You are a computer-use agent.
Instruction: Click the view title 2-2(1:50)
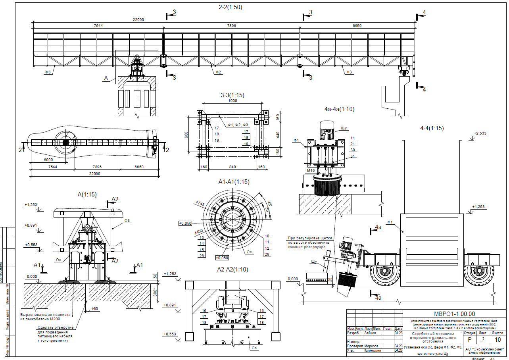(x=230, y=7)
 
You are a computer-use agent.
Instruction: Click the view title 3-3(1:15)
(x=232, y=95)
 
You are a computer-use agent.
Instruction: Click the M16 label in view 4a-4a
(x=310, y=171)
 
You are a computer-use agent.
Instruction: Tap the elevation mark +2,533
(x=480, y=134)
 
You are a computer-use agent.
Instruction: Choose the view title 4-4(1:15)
(x=432, y=128)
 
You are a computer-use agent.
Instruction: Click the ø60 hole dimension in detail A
(x=94, y=308)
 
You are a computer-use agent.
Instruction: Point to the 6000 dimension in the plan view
(x=48, y=160)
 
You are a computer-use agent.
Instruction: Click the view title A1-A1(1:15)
(x=234, y=181)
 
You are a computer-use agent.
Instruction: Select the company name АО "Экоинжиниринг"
(x=484, y=348)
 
